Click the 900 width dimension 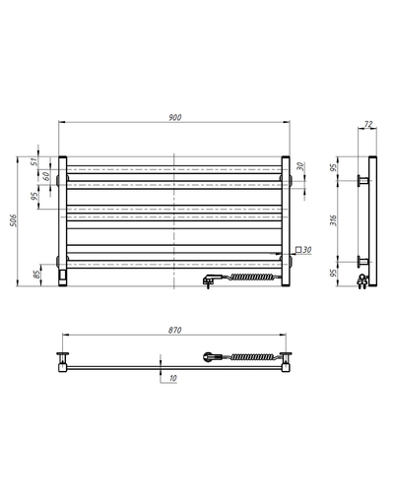(175, 117)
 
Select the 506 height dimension (13, 220)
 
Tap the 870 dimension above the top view (174, 330)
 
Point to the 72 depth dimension (368, 124)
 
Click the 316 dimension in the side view (333, 220)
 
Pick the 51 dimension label (34, 161)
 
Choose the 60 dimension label (46, 176)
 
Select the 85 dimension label (37, 275)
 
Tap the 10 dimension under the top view (173, 378)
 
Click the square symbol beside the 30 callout (298, 250)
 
